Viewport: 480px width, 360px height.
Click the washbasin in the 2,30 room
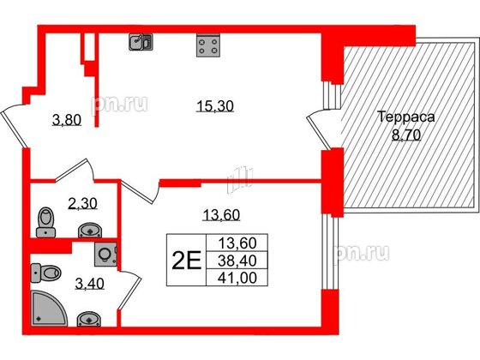click(x=90, y=229)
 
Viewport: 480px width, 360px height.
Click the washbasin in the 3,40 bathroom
click(x=90, y=318)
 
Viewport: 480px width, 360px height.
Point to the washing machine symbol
click(x=105, y=255)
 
